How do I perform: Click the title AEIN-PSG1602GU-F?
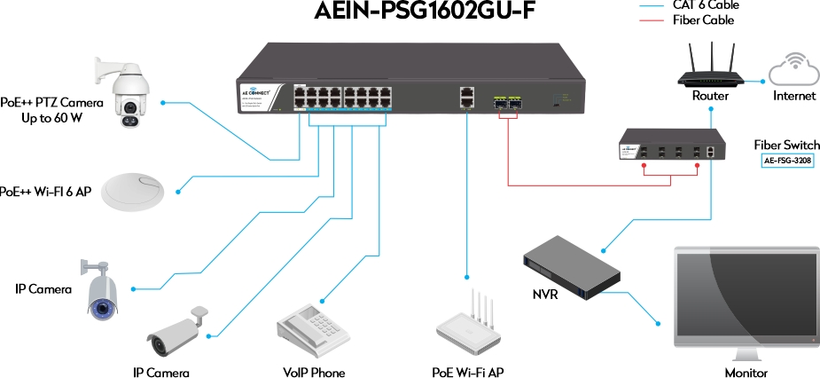tap(425, 12)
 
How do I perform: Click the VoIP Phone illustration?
tap(308, 327)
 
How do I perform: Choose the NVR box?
tap(570, 265)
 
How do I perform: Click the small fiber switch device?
tap(673, 145)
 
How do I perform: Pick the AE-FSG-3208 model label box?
tap(787, 161)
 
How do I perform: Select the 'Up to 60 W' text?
tap(51, 117)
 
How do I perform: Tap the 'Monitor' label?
tap(746, 373)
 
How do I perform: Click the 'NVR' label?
tap(544, 293)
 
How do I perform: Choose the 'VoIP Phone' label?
tap(314, 373)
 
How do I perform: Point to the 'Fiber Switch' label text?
tap(786, 145)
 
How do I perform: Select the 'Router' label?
tap(710, 96)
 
